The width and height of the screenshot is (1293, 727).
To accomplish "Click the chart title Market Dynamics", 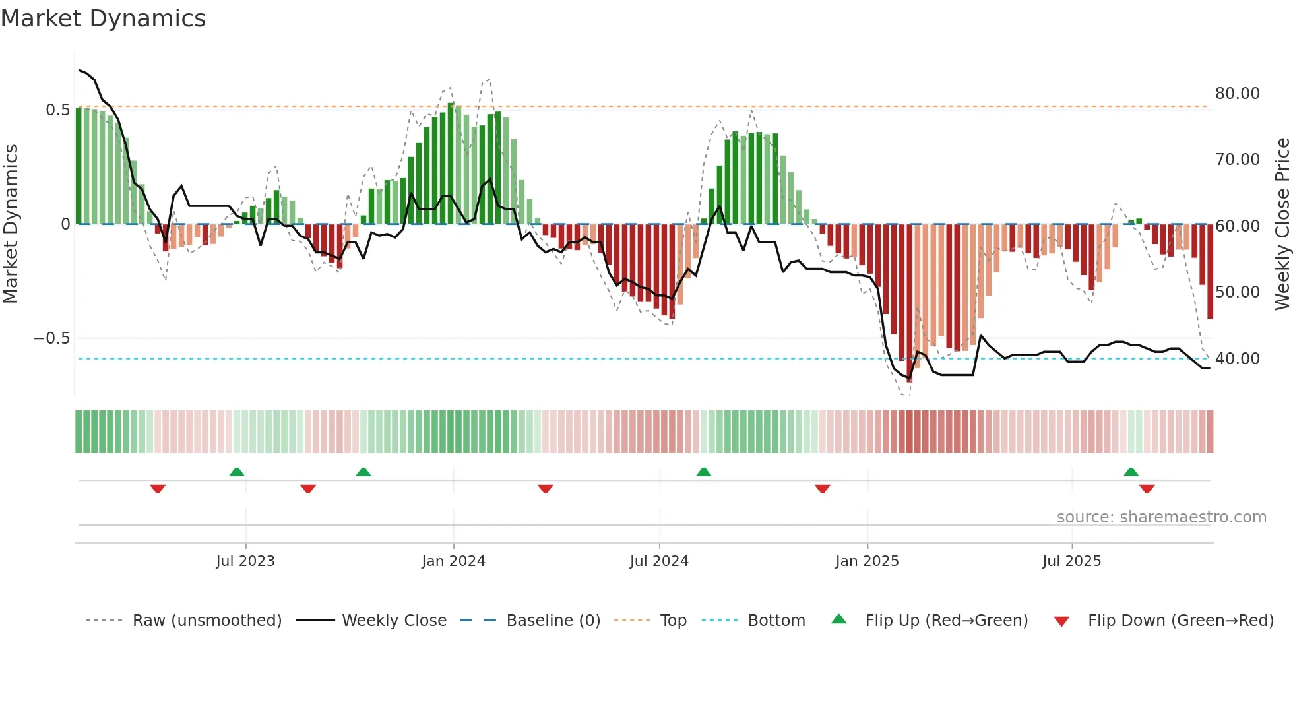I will click(x=103, y=18).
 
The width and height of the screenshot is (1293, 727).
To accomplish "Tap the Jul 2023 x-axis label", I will click(x=245, y=561).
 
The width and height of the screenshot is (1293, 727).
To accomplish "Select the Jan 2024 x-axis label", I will click(x=453, y=561).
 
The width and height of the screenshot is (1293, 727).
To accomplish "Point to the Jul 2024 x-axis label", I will click(x=659, y=561).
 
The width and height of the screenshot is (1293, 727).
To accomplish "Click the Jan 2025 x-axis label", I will click(x=867, y=561).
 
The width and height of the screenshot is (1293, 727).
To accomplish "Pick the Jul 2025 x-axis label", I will click(x=1072, y=561).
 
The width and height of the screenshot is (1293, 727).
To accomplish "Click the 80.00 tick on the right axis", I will click(x=1237, y=94).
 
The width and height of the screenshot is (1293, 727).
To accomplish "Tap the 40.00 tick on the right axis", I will click(x=1237, y=359).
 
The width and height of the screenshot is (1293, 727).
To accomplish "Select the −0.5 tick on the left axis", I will click(x=51, y=338).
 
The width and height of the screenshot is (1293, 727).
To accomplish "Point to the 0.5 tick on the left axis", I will click(x=57, y=110).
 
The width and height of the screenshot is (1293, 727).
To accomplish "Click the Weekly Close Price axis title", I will click(x=1282, y=224).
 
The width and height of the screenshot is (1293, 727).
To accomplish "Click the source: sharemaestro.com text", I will click(x=1161, y=517).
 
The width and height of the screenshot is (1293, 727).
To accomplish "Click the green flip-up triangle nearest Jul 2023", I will click(x=237, y=472).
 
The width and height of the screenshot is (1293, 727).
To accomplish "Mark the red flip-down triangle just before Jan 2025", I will click(x=822, y=489).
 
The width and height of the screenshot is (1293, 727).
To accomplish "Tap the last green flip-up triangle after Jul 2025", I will click(x=1131, y=472).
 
